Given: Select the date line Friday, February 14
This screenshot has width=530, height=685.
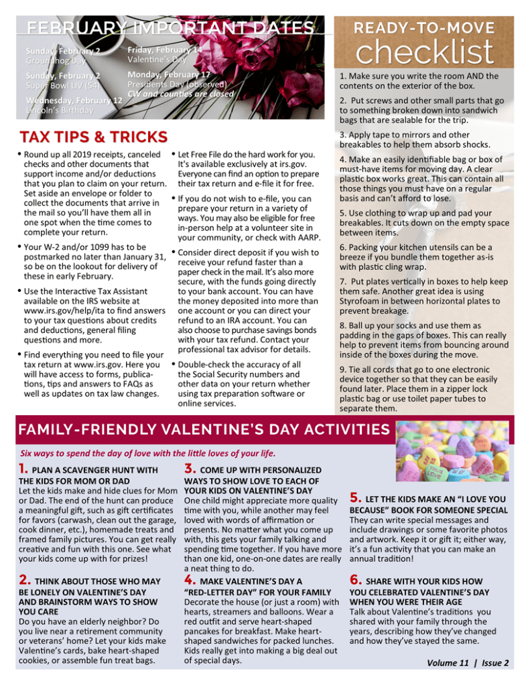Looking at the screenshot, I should pos(164,50).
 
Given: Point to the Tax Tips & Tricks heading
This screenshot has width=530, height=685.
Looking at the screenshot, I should pos(93,137).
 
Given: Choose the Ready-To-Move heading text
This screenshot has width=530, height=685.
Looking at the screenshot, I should pos(424,27).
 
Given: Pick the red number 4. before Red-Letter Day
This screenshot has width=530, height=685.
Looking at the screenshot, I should pos(190,580).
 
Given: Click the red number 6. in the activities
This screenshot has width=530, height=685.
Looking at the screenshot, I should pos(356,580).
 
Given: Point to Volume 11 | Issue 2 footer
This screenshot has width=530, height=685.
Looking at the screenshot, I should pos(468,663).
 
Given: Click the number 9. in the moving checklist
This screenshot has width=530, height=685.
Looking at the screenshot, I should pos(343,370).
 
